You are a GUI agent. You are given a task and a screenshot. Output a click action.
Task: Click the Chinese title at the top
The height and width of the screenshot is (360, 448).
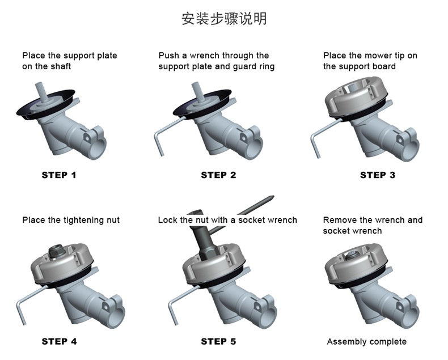(224, 19)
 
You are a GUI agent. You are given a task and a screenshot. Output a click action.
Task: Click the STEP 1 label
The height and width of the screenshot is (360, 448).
(58, 175)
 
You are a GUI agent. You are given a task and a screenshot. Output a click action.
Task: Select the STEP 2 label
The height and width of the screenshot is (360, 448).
(218, 175)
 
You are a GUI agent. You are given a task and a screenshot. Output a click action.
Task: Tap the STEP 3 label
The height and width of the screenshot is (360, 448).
(378, 175)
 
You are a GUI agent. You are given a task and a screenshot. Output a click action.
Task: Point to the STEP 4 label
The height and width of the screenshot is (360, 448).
(59, 341)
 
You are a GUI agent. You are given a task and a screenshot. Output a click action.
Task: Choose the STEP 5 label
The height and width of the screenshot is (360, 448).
(218, 341)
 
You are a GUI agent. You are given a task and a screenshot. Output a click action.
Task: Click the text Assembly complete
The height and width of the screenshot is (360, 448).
(366, 342)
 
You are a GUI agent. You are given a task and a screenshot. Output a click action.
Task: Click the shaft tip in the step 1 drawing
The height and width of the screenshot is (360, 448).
(40, 88)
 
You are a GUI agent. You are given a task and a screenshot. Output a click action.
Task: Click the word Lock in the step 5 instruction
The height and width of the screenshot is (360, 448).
(167, 220)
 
